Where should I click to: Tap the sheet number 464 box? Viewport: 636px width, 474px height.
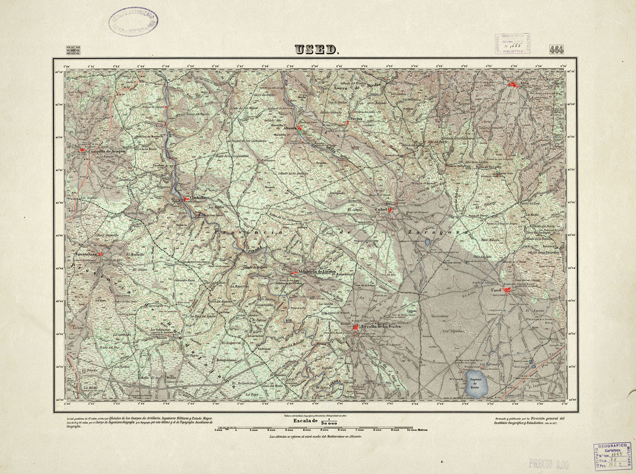pos(558,50)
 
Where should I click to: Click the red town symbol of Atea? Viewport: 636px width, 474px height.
pos(513,84)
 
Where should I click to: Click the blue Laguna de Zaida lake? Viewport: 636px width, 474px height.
pos(479,384)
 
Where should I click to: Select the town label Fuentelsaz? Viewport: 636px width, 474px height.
pos(86,254)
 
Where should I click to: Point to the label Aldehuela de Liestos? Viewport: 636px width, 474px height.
pos(318,272)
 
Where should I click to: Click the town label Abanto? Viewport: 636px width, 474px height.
pos(290,128)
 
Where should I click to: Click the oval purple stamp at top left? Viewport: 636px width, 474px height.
pos(134,22)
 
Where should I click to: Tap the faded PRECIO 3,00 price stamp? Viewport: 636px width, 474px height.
pos(548,464)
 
